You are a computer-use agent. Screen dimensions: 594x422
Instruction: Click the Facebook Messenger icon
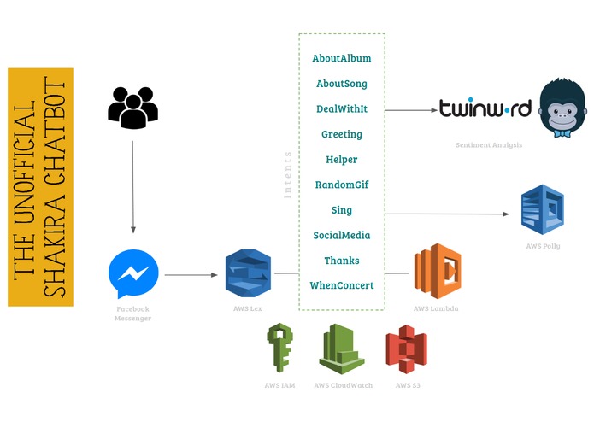[133, 273]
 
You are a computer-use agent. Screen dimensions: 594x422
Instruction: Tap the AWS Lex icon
[248, 273]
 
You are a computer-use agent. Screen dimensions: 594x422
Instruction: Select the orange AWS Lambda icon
[438, 271]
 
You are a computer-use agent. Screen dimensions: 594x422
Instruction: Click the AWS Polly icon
[543, 209]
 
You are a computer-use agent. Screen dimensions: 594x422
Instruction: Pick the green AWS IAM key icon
[279, 348]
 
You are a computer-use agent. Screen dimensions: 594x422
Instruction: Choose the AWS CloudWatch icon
[342, 349]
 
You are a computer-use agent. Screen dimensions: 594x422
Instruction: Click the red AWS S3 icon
[407, 349]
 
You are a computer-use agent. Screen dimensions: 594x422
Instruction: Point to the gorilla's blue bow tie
[562, 133]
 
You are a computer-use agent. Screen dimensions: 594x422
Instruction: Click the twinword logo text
[485, 108]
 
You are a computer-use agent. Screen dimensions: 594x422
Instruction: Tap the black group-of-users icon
[133, 108]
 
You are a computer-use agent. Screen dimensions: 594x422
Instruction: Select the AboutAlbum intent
[342, 58]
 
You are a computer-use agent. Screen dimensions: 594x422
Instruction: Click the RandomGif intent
[342, 185]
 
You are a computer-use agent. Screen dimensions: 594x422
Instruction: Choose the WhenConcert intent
[342, 285]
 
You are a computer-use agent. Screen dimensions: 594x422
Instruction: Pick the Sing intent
[342, 210]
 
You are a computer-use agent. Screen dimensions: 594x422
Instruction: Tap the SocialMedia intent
[342, 236]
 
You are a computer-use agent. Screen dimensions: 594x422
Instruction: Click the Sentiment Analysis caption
[489, 144]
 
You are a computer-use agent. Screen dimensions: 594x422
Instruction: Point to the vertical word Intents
[288, 175]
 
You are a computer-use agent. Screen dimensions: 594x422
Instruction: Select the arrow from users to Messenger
[133, 187]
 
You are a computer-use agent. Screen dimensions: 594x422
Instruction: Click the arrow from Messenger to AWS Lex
[191, 275]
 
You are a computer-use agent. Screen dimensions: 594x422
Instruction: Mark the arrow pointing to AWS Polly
[447, 214]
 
